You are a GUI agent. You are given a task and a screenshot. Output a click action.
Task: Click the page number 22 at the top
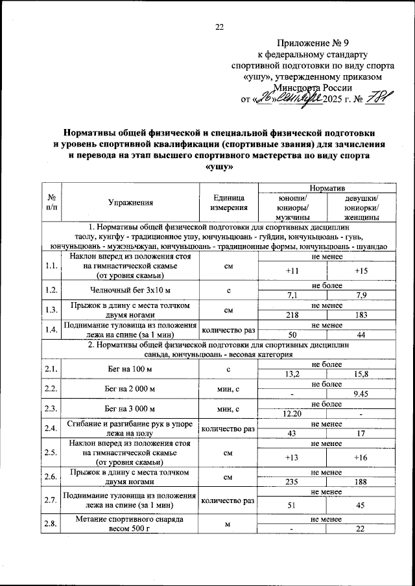(219, 27)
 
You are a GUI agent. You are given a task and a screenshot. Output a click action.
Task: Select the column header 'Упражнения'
(131, 203)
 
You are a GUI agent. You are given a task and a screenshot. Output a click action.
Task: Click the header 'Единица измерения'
(229, 203)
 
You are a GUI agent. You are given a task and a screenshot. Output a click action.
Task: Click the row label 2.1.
(51, 369)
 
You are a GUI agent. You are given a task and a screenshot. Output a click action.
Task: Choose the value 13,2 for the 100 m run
(292, 374)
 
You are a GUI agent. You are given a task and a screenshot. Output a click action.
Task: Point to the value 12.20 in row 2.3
(292, 414)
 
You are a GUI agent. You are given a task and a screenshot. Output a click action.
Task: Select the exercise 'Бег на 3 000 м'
(131, 408)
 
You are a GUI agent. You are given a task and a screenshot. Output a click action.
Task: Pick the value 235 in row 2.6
(292, 482)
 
